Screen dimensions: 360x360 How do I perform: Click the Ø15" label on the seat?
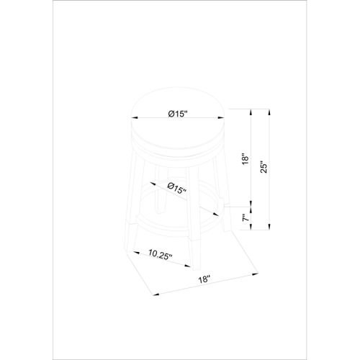point(178,114)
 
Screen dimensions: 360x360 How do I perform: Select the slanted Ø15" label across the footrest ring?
point(177,188)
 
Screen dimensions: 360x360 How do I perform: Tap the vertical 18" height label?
point(246,159)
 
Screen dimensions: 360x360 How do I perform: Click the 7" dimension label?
point(246,218)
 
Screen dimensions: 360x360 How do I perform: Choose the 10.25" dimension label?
point(160,254)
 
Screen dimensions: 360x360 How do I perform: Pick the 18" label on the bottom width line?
point(204,279)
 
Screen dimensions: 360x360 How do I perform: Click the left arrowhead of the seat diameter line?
point(135,117)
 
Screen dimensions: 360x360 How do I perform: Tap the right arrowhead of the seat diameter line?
point(221,117)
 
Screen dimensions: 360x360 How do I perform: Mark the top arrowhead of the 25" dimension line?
point(269,112)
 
